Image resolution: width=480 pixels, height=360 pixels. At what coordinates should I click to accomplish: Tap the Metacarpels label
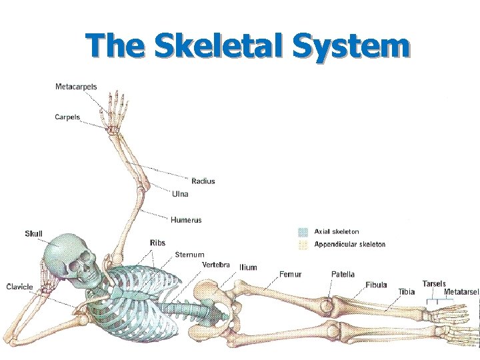point(75,87)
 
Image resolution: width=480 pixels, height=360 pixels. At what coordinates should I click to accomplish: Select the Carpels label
point(67,117)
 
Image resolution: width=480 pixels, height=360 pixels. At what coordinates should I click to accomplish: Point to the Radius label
point(203,181)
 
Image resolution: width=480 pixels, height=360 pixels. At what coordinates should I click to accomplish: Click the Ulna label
point(180,194)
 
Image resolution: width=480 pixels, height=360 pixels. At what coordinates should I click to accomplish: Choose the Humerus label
point(186,220)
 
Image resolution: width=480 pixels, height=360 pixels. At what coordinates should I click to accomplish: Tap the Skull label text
point(33,233)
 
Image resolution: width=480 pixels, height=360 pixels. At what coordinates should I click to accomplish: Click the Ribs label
point(158,243)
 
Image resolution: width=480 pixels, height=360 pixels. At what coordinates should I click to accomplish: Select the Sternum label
point(189,255)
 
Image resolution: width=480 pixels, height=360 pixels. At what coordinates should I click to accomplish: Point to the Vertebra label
point(216,265)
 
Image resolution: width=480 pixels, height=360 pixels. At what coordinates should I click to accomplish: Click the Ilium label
point(248,267)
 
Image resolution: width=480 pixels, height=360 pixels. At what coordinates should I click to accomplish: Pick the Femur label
point(291,274)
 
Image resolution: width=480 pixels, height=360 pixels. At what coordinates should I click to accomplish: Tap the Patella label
point(343,274)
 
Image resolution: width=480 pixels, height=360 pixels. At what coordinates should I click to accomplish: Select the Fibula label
point(376,285)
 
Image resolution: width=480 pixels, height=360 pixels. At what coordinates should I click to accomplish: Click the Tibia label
point(406,291)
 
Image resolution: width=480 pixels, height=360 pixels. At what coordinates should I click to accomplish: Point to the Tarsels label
point(434,283)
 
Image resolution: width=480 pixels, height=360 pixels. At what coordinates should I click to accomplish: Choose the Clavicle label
point(19,287)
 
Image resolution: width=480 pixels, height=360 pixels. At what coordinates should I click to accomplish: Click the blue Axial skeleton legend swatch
point(303,232)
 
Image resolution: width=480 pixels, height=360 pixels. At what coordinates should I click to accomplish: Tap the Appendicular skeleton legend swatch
point(303,245)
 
